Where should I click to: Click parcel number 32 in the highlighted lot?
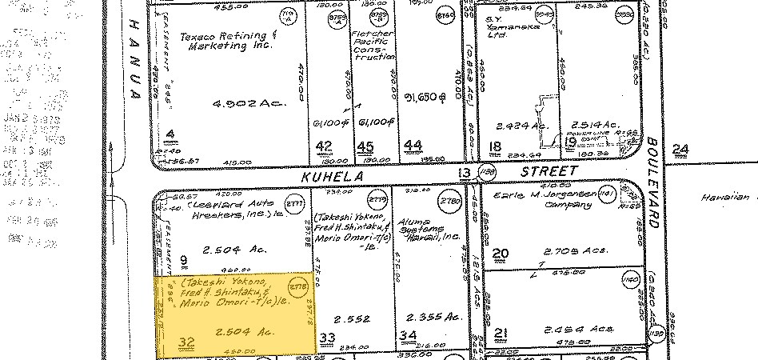pyautogui.click(x=166, y=342)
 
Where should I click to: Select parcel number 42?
pyautogui.click(x=324, y=146)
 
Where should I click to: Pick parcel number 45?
pyautogui.click(x=365, y=146)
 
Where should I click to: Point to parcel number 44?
pyautogui.click(x=413, y=146)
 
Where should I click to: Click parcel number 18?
pyautogui.click(x=496, y=146)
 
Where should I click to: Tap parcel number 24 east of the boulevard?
pyautogui.click(x=680, y=148)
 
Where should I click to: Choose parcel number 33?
pyautogui.click(x=326, y=338)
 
